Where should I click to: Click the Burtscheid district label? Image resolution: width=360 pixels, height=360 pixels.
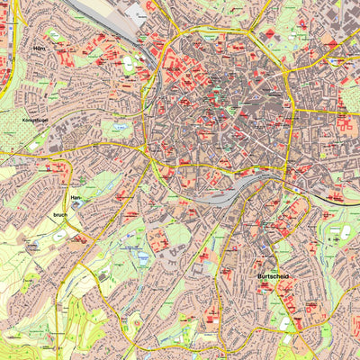[273, 276]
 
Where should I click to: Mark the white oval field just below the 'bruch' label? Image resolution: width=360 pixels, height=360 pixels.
[61, 234]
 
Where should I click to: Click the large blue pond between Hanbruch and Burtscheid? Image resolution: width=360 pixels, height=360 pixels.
[141, 257]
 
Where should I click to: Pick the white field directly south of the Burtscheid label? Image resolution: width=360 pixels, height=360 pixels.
[286, 320]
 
